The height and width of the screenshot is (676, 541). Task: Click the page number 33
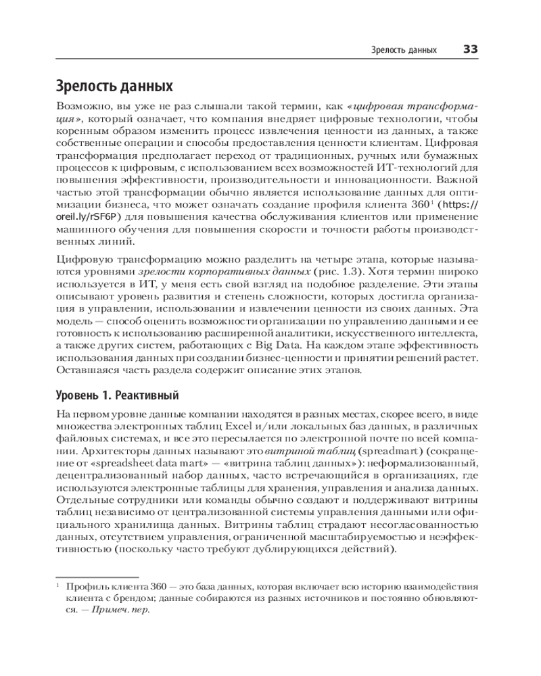point(471,49)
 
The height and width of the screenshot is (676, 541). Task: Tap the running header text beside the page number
point(404,50)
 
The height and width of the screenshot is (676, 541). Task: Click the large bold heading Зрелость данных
point(114,87)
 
